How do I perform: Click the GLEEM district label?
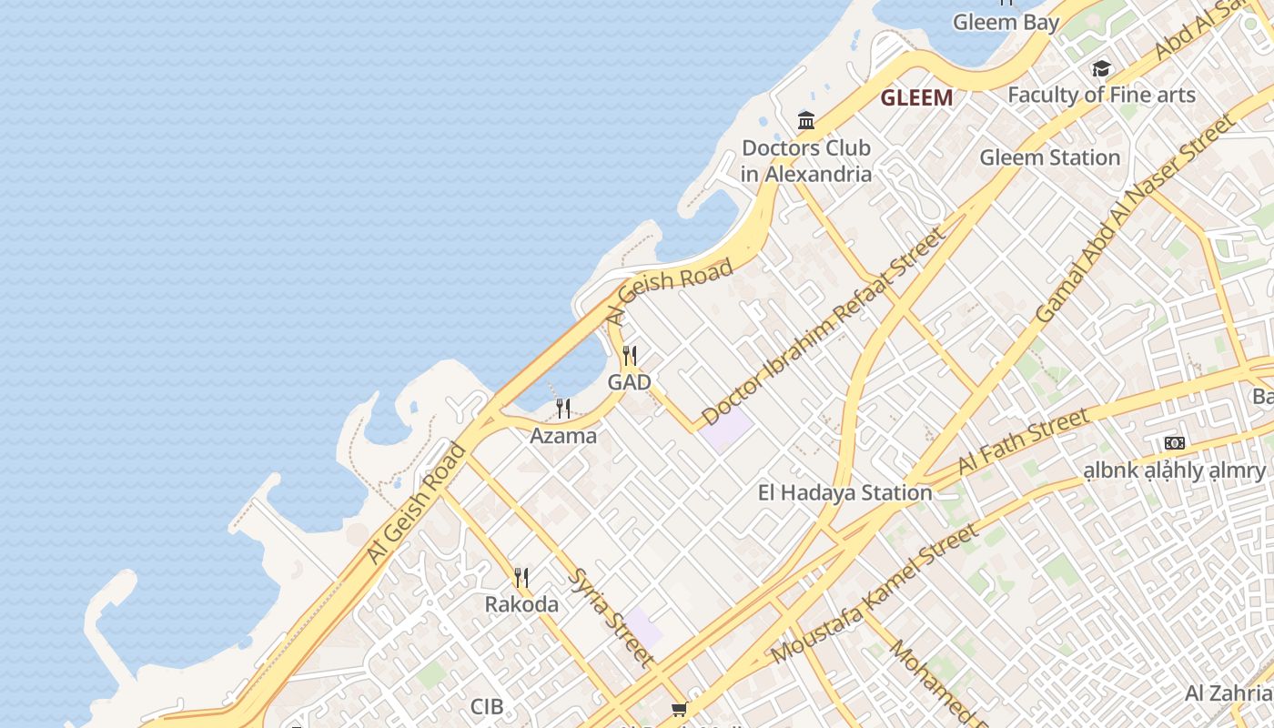pos(916,97)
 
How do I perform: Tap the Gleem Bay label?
pos(1006,22)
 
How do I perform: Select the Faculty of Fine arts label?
pos(1101,95)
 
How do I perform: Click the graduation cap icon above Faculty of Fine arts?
pos(1101,69)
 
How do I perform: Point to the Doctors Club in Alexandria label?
pos(806,160)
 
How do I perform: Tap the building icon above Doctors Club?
pos(806,120)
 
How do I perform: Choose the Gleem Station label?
pos(1049,157)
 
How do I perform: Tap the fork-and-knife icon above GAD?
pos(629,356)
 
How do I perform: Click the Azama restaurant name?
pos(563,436)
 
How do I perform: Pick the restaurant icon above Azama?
pos(563,409)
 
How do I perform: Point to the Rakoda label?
pos(521,604)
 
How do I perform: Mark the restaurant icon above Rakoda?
pos(521,578)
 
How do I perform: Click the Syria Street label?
pos(612,618)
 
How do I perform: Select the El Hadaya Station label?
pos(845,493)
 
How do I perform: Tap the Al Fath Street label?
pos(1023,441)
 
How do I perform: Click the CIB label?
pos(487,706)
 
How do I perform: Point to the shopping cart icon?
pos(679,710)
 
